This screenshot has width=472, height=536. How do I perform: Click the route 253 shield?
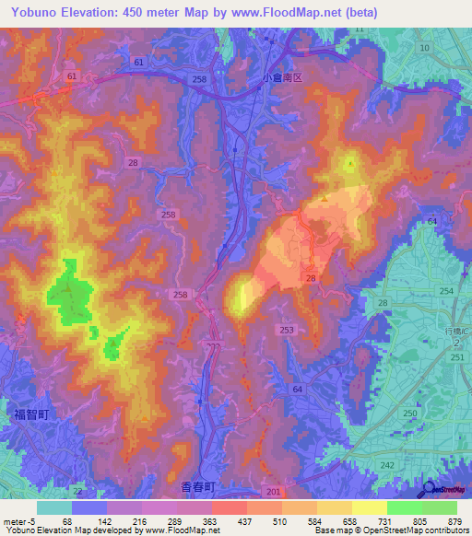pos(287,329)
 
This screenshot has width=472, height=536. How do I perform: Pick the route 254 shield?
pos(447,291)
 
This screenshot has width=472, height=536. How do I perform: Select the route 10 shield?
pos(424,47)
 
